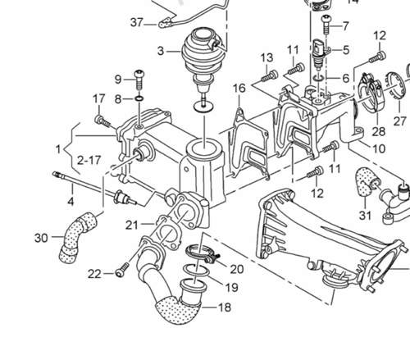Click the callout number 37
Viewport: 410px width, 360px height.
137,22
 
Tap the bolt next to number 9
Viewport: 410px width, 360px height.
139,80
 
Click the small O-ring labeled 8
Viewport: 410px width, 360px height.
139,98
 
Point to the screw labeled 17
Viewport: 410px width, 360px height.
102,121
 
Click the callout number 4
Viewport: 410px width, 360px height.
71,202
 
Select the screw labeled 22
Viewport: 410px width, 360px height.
122,270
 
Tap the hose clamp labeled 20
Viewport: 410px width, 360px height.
203,253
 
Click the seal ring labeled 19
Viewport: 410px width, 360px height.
196,270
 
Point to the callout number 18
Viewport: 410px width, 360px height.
225,308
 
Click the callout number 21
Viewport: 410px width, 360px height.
132,225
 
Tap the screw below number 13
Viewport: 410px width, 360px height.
270,76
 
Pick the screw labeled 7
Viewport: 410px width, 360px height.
326,25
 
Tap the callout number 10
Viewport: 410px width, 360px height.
379,149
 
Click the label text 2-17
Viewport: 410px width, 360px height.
89,160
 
